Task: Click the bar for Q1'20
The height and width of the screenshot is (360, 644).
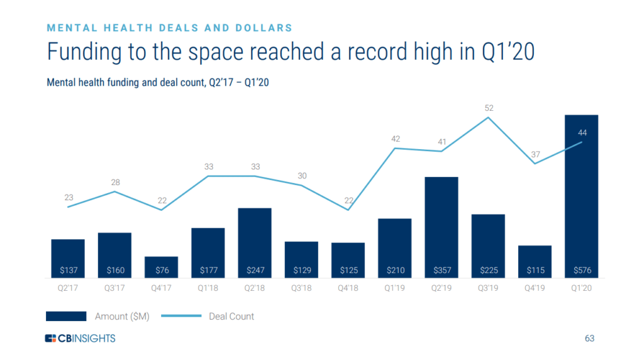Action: pyautogui.click(x=581, y=196)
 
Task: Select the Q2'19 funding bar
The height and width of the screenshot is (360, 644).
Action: pyautogui.click(x=441, y=227)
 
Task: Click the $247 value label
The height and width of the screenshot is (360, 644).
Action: pyautogui.click(x=255, y=271)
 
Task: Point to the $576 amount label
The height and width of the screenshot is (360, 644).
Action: pyautogui.click(x=581, y=271)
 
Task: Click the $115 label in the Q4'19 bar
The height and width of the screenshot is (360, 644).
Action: pyautogui.click(x=535, y=271)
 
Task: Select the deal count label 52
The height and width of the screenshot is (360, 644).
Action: pyautogui.click(x=489, y=108)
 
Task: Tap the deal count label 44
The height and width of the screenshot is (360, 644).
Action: pyautogui.click(x=582, y=132)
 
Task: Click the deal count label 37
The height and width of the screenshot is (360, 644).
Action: pyautogui.click(x=535, y=154)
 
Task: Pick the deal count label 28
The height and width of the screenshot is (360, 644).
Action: pyautogui.click(x=115, y=183)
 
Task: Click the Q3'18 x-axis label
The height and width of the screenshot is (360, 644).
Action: pyautogui.click(x=301, y=288)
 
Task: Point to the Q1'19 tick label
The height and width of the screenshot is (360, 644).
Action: pyautogui.click(x=395, y=288)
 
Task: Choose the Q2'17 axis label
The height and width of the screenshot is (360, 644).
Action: pyautogui.click(x=68, y=288)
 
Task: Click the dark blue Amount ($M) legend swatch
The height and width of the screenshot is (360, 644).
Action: pyautogui.click(x=66, y=317)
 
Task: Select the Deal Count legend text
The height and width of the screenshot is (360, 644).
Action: pyautogui.click(x=231, y=317)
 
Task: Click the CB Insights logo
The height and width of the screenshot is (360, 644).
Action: pyautogui.click(x=80, y=339)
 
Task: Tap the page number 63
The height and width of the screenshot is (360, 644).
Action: pyautogui.click(x=589, y=339)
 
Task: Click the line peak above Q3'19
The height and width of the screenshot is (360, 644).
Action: pyautogui.click(x=489, y=118)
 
